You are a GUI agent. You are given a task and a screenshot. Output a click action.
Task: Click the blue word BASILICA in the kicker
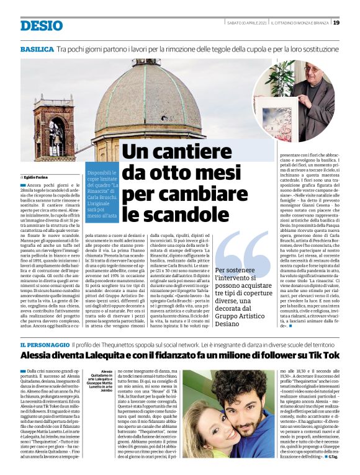pyautogui.click(x=37, y=48)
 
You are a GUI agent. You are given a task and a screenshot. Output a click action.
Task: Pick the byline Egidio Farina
pyautogui.click(x=37, y=177)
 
